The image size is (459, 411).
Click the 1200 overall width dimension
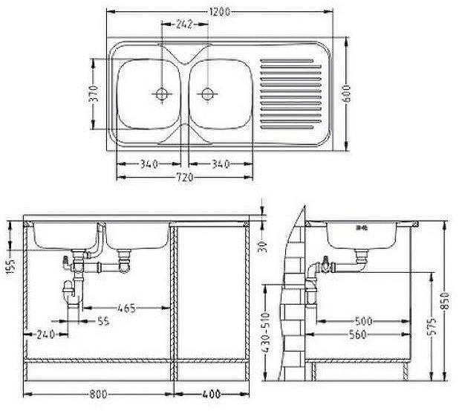(x=219, y=11)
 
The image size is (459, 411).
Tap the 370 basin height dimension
(x=93, y=94)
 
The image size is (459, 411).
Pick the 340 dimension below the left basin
(x=149, y=164)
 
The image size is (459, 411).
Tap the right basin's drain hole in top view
(x=207, y=94)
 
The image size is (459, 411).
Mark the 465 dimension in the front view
(x=127, y=305)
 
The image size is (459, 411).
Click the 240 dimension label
(x=45, y=334)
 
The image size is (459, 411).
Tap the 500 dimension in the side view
(x=363, y=321)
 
